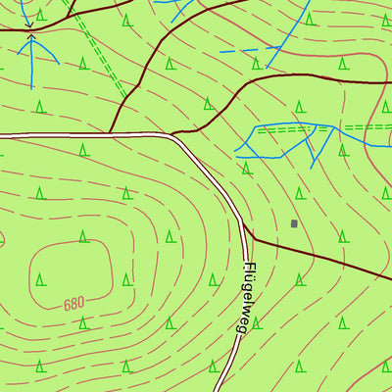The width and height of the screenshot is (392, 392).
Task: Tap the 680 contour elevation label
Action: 74,304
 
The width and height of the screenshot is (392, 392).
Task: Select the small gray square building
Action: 294,223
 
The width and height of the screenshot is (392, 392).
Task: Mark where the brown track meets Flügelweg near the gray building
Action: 253,238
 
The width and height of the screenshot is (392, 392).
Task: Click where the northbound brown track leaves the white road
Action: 111,132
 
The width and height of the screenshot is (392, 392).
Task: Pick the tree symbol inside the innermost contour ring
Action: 40,278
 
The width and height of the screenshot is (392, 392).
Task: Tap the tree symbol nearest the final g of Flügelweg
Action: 257,320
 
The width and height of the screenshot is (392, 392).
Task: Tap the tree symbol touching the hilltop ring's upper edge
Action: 83,235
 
